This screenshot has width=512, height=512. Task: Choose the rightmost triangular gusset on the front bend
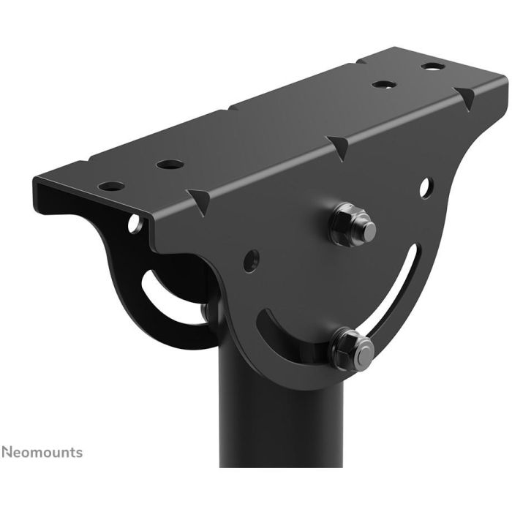(x=464, y=96)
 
